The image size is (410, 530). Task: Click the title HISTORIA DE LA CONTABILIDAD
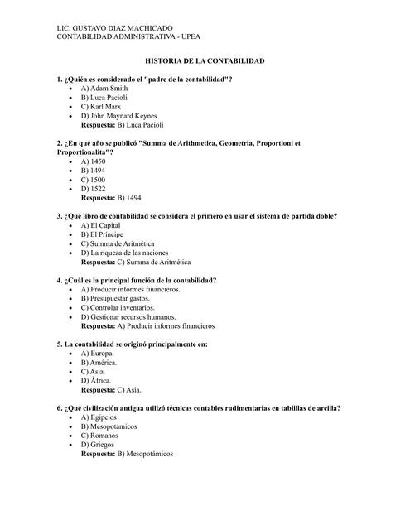(205, 62)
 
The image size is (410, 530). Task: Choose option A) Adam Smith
(104, 88)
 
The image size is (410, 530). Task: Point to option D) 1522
(93, 189)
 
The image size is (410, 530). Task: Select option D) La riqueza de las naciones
(124, 252)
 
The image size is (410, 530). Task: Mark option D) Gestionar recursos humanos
(128, 316)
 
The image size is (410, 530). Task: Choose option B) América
(99, 362)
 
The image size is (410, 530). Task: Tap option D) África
(95, 380)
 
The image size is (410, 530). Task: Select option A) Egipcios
(99, 417)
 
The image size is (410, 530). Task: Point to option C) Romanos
(99, 436)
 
